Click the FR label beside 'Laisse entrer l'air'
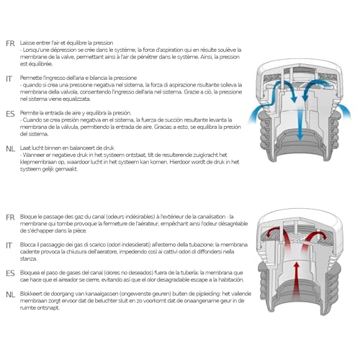10,43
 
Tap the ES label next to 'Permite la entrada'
10,113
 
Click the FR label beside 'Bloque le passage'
10,217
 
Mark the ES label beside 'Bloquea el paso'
10,274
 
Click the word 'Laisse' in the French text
30,42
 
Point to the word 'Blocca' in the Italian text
32,245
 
